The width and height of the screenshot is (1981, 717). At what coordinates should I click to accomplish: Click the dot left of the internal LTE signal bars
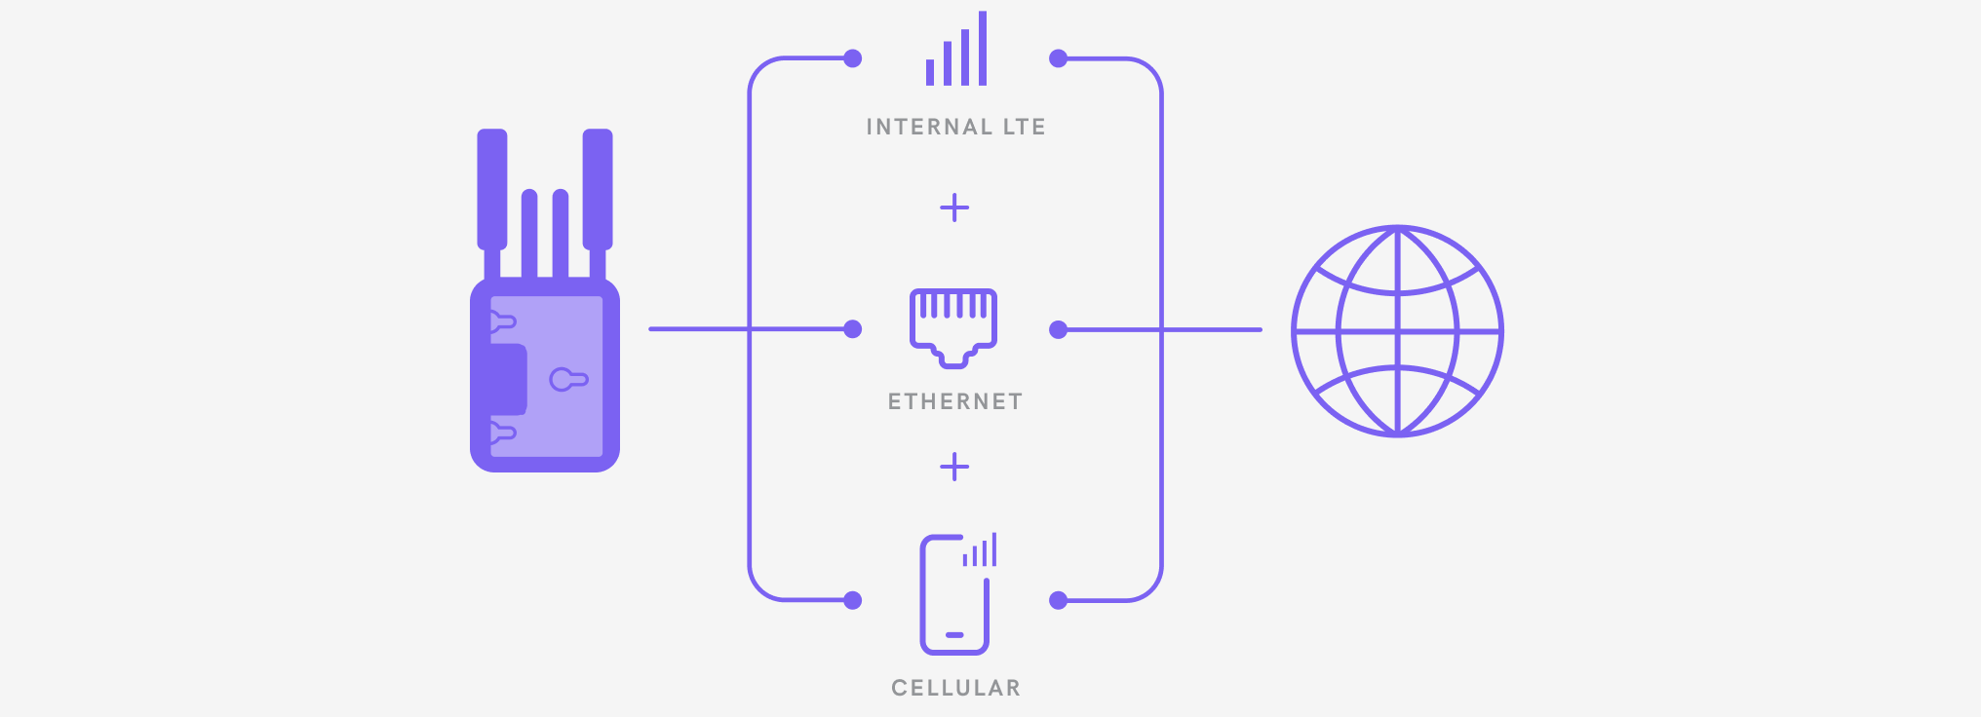tap(853, 58)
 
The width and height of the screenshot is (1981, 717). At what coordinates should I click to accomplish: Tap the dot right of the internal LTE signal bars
tap(1058, 58)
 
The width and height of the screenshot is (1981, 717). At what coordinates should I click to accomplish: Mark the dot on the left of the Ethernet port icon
tap(853, 329)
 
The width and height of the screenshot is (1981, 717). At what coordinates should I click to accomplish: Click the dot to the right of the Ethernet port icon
tap(1058, 330)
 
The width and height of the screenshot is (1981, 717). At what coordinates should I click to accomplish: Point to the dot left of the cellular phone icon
tap(853, 600)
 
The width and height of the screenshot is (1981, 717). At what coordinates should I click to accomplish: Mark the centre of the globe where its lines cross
tap(1398, 331)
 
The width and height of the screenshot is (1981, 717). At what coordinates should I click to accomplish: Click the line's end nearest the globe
tap(1261, 330)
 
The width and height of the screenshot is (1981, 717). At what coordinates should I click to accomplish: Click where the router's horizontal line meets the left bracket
tap(749, 329)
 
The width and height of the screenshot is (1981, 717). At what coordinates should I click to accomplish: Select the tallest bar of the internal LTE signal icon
tap(983, 49)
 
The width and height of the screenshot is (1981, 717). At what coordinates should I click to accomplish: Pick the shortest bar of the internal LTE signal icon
tap(930, 72)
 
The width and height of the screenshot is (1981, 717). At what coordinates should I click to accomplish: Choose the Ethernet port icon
tap(953, 328)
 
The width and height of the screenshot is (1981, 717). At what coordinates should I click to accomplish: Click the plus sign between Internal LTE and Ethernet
tap(954, 208)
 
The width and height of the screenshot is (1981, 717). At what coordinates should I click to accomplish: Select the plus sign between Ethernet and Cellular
tap(954, 468)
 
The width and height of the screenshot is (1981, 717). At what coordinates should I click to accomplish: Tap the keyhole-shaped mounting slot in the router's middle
tap(568, 379)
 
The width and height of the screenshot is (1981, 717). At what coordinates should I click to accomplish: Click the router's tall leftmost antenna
tap(492, 190)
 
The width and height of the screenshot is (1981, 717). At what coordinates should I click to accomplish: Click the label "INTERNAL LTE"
tap(955, 127)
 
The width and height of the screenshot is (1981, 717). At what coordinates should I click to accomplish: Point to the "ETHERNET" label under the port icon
tap(955, 401)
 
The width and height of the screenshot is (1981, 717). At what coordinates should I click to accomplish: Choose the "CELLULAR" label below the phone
tap(955, 688)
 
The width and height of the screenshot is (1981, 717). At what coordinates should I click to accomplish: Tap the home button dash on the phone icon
tap(954, 635)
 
